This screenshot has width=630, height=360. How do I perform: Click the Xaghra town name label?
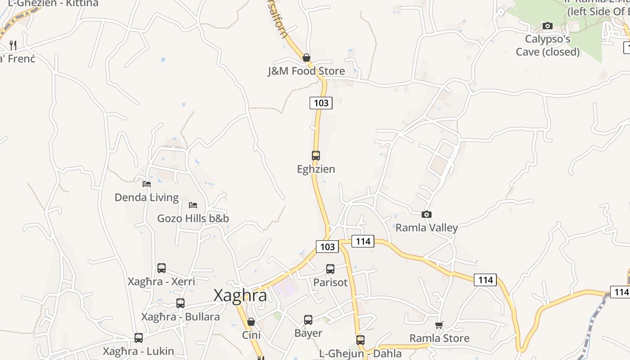click(x=240, y=296)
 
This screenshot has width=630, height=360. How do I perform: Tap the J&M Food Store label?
click(x=306, y=71)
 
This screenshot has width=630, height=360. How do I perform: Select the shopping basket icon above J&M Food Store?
click(x=306, y=58)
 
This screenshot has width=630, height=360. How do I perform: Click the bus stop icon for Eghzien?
click(x=316, y=156)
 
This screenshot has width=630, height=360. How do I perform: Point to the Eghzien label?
click(x=316, y=169)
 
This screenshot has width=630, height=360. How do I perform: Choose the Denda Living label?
click(x=147, y=198)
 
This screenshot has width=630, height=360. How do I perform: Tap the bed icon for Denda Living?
click(x=147, y=184)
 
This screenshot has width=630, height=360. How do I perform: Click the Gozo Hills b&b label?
click(x=193, y=219)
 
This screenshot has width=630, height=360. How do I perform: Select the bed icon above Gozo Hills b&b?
click(x=193, y=205)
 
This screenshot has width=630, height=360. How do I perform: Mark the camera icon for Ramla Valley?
click(x=427, y=215)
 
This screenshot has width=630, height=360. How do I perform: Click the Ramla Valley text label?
click(x=427, y=228)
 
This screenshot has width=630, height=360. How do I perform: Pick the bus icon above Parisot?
click(x=330, y=269)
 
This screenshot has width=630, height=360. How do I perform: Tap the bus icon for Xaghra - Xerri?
click(x=162, y=268)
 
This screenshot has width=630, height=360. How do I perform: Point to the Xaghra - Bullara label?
click(x=180, y=317)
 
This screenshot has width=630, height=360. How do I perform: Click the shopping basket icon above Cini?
click(x=251, y=322)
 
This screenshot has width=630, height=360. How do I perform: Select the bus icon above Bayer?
click(x=308, y=320)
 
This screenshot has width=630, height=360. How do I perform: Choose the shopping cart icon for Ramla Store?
click(x=439, y=325)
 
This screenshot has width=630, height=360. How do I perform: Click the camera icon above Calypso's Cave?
click(x=548, y=26)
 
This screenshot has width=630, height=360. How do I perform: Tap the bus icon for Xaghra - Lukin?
click(x=139, y=338)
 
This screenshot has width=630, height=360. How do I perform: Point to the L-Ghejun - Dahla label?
click(x=360, y=354)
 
